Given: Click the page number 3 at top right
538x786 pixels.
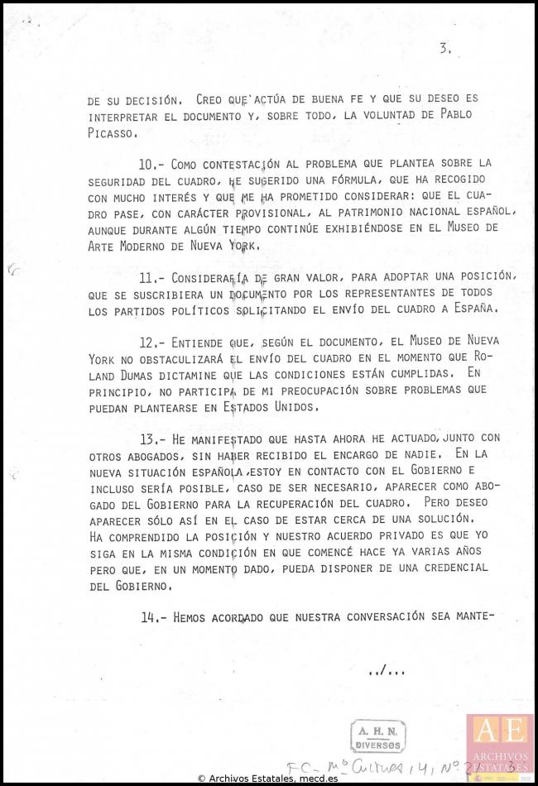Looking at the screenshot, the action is click(x=445, y=49).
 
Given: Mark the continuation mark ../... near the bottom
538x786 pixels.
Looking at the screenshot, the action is click(x=387, y=670).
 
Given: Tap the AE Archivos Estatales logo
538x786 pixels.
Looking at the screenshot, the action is click(x=500, y=740).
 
